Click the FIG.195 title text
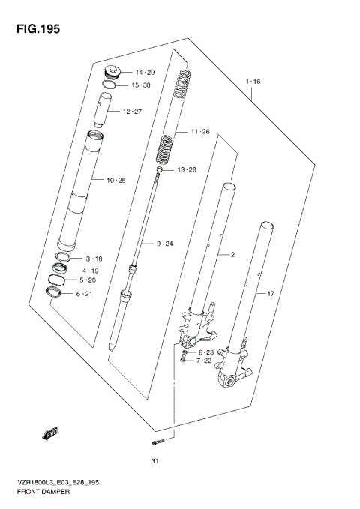pyautogui.click(x=33, y=30)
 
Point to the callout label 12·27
pyautogui.click(x=132, y=112)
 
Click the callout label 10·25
pyautogui.click(x=115, y=181)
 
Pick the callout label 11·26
pyautogui.click(x=200, y=133)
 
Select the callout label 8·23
pyautogui.click(x=206, y=352)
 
